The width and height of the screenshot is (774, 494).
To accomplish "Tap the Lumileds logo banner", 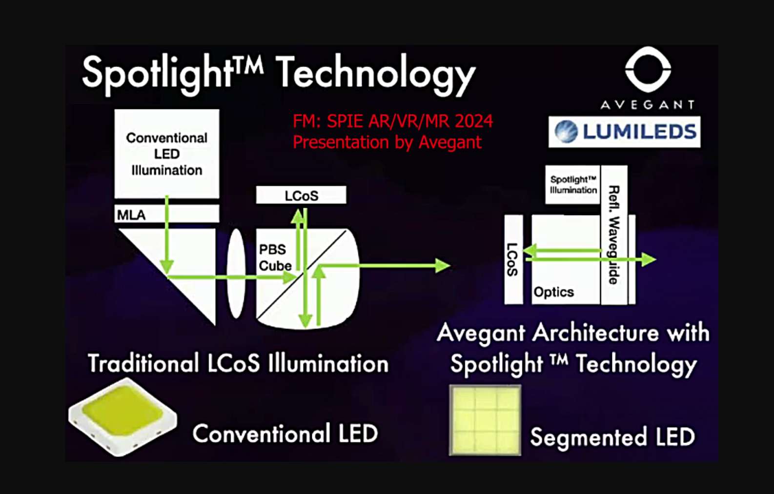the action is tap(624, 132).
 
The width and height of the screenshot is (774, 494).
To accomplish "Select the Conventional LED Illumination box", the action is tap(166, 154).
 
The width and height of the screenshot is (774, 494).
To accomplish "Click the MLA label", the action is tap(131, 215).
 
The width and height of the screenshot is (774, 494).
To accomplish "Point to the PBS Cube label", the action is tap(275, 257).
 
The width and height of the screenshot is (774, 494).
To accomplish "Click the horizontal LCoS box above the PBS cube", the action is tap(301, 195).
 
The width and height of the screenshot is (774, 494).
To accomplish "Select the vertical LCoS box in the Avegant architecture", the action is tap(513, 259).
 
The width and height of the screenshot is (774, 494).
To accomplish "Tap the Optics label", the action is tap(553, 292).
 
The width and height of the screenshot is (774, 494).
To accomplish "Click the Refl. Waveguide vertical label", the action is tap(613, 235).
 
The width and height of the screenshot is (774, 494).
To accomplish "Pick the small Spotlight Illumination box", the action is tap(572, 185).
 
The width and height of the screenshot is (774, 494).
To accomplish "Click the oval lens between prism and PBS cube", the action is tap(236, 274).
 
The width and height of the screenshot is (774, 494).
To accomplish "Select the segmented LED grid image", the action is tap(485, 420).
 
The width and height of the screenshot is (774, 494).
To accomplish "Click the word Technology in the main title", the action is tap(376, 74).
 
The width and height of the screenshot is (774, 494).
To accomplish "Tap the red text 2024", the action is tap(474, 121).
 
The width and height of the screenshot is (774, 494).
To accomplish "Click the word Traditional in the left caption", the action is tap(143, 363).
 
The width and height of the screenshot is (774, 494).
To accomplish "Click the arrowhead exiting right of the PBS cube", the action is tap(443, 265).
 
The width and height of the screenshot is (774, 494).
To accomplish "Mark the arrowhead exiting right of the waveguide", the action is tap(649, 259).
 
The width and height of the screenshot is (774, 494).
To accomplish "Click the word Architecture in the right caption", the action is tap(595, 333).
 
